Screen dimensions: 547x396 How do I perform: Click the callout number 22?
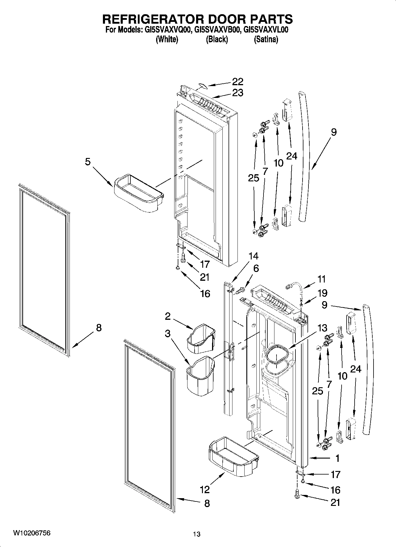(237, 81)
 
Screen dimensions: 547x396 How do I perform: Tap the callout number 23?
(237, 93)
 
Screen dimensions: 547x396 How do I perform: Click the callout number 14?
(253, 256)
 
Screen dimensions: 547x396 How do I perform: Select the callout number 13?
(322, 328)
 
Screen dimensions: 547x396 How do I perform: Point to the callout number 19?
(323, 293)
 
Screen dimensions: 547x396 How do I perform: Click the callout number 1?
(337, 458)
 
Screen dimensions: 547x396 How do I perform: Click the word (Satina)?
(266, 39)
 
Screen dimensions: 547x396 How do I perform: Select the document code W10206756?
(32, 533)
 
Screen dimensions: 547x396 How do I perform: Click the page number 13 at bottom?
(197, 534)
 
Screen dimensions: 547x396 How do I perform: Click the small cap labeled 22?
(202, 86)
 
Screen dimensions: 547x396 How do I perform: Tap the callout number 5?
(88, 162)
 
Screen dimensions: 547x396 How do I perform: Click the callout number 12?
(205, 489)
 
